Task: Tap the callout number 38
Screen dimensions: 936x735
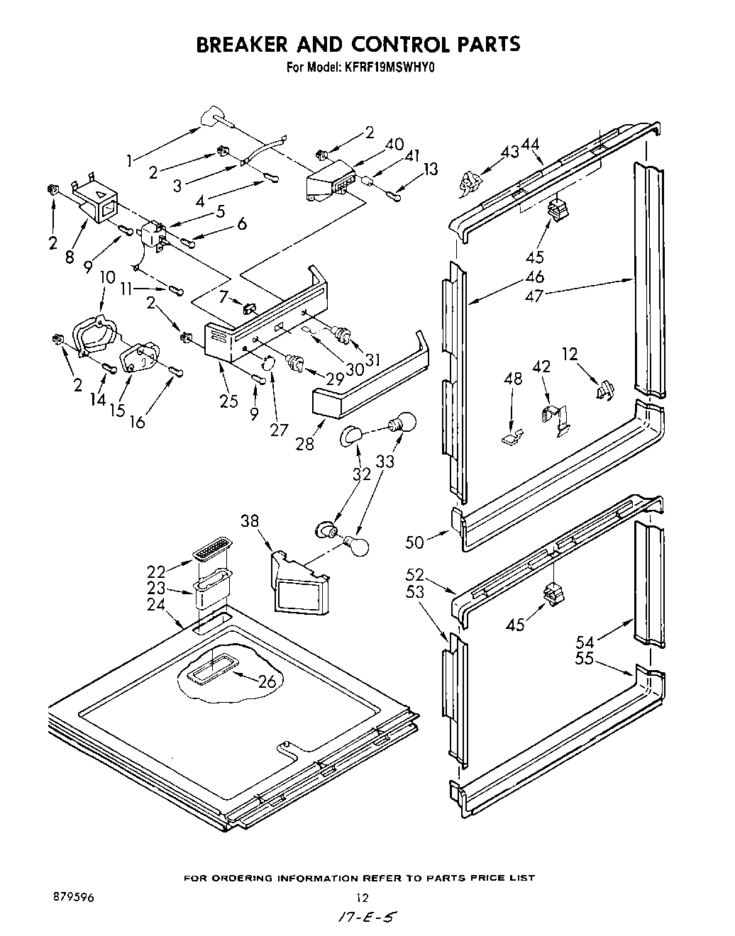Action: coord(249,521)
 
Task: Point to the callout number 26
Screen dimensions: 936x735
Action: coord(266,682)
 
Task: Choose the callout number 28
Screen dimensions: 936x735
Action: coord(304,445)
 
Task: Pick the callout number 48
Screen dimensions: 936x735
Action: coord(513,379)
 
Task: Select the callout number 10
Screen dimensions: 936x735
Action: coord(107,277)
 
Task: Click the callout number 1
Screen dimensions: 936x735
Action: coord(129,162)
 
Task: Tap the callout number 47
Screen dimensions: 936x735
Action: coord(534,296)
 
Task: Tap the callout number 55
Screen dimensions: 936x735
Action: coord(584,659)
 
